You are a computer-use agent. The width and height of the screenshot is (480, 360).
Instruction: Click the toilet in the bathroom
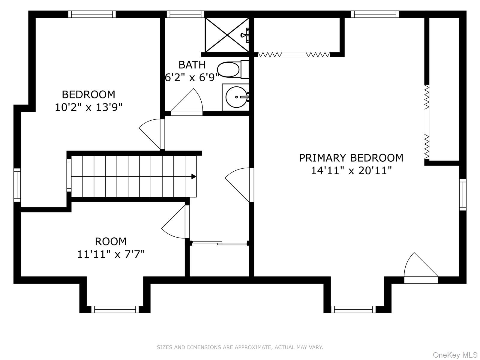(233, 70)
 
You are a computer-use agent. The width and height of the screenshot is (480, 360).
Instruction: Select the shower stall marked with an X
(227, 35)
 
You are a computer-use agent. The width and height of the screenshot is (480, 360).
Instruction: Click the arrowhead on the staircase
(193, 176)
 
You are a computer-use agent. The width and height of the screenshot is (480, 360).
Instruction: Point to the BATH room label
(192, 65)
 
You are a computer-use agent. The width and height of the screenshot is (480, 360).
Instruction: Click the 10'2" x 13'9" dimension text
(88, 107)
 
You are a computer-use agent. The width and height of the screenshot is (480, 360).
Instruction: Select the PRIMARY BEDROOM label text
(351, 158)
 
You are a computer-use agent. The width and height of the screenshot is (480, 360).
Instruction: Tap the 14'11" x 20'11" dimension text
(351, 170)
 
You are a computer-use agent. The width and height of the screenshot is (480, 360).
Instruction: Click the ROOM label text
(111, 241)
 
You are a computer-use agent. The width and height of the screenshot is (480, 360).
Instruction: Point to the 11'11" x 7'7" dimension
(111, 254)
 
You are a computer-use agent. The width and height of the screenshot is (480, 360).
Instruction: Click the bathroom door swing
(187, 102)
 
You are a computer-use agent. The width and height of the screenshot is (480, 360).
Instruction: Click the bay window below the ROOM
(115, 309)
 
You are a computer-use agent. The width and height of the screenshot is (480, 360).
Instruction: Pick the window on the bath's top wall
(185, 14)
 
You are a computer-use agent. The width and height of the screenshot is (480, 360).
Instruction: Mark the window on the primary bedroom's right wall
(463, 194)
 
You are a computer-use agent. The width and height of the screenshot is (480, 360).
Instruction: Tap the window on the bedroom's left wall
(17, 185)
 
